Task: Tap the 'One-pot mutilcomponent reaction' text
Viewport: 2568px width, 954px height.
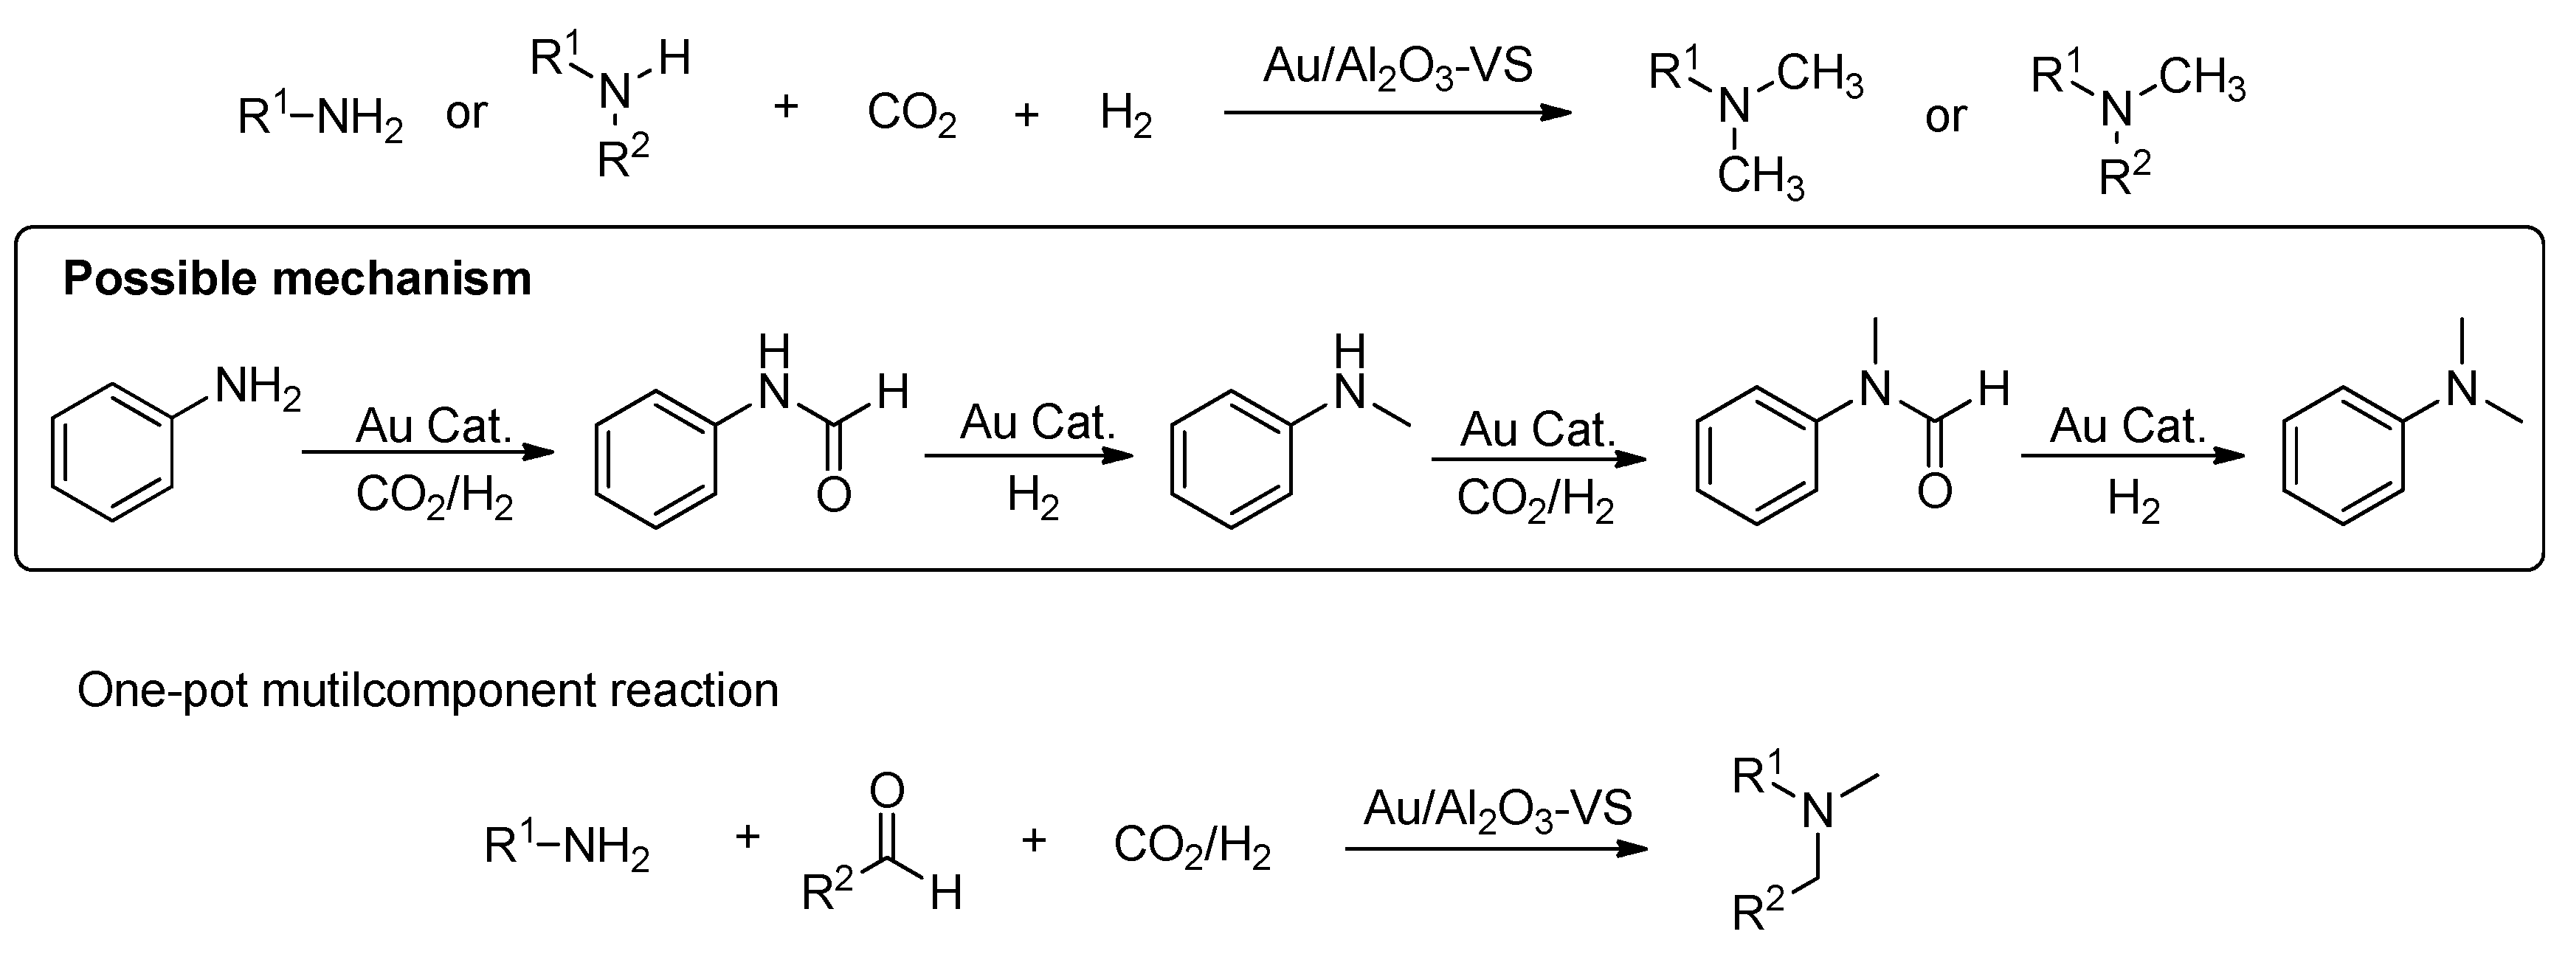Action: [x=428, y=691]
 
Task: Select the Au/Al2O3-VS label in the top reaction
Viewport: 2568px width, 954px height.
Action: [x=1397, y=68]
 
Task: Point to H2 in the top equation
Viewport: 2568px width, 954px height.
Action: [x=1125, y=114]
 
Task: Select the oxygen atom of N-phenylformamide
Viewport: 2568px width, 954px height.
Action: [x=833, y=494]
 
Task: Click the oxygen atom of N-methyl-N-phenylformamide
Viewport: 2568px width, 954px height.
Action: [x=1934, y=491]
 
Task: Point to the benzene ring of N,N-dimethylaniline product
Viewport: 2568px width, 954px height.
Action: [x=2344, y=455]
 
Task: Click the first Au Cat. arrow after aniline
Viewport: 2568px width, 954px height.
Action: [x=429, y=454]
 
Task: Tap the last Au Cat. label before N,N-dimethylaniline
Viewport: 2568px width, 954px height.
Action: [x=2127, y=426]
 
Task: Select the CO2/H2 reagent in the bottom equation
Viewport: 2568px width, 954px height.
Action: [x=1191, y=846]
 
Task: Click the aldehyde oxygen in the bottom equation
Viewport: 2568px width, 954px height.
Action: [x=886, y=790]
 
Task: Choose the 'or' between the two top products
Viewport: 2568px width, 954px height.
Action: [x=1945, y=117]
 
